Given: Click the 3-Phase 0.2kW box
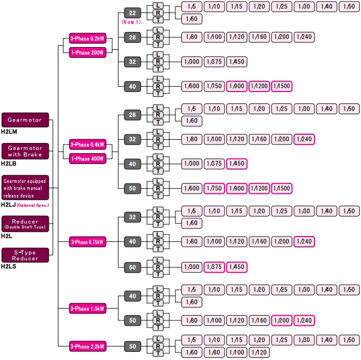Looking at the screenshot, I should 87,39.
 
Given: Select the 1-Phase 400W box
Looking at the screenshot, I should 87,159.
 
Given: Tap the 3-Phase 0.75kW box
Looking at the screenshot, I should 87,241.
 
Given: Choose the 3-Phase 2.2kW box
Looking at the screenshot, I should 87,345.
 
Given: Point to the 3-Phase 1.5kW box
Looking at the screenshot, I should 87,309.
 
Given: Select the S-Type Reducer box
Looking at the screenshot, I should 25,255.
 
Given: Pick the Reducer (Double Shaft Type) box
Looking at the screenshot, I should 25,224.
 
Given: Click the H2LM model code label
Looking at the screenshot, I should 9,131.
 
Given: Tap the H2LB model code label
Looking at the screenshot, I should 9,163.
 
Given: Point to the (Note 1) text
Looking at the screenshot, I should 132,22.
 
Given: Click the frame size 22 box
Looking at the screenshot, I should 132,12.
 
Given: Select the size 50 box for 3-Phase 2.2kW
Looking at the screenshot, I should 132,345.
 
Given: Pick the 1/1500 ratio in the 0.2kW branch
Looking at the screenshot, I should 281,86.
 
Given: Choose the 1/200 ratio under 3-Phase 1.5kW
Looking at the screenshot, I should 281,320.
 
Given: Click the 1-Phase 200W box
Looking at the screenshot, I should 87,52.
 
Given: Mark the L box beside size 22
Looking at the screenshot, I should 158,5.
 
